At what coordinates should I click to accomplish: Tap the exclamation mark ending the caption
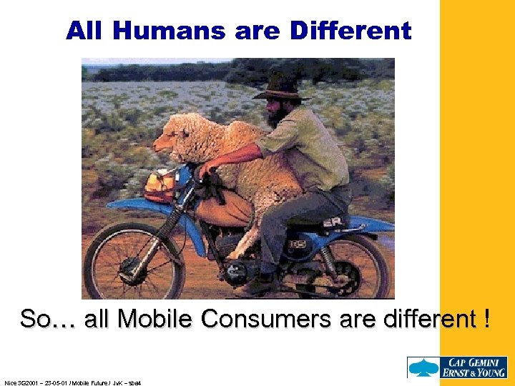(x=487, y=319)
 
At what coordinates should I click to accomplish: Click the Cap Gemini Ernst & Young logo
(x=457, y=367)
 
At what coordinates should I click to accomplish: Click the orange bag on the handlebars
(x=161, y=184)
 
